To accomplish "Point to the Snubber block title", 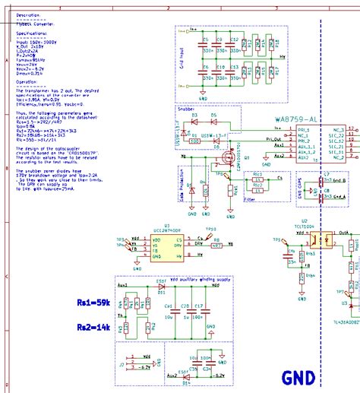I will coord(188,108).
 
